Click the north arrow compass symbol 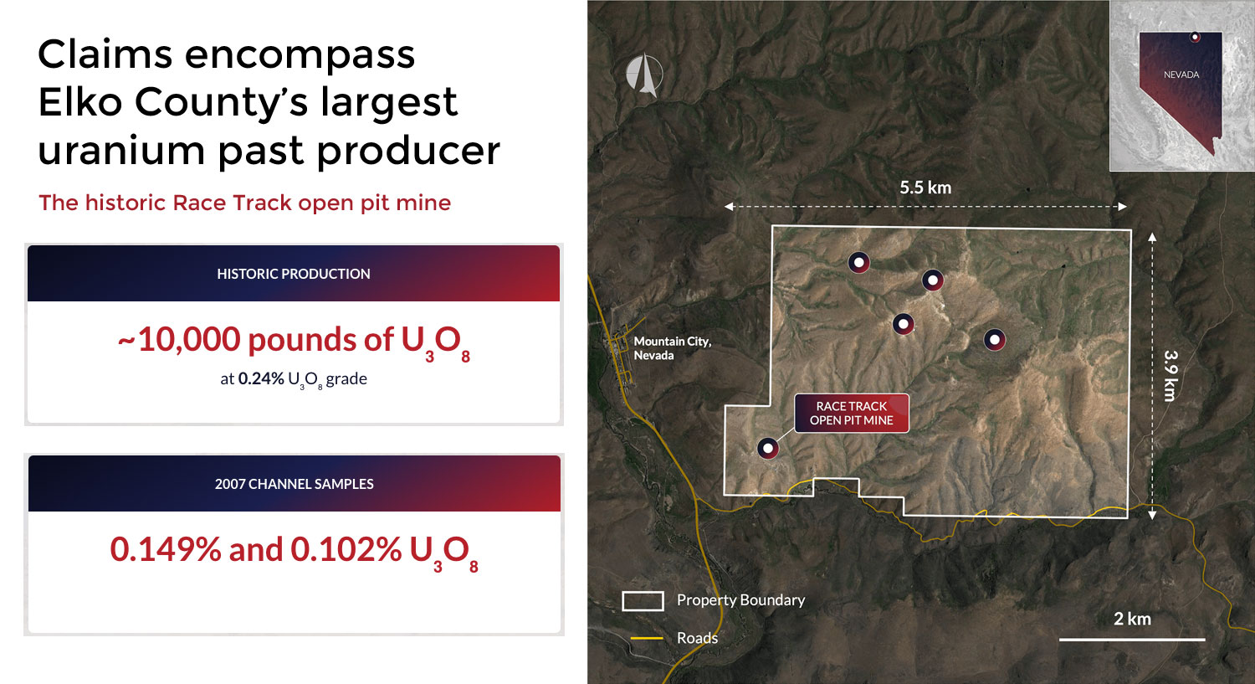(x=644, y=75)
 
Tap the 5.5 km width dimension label (x=925, y=188)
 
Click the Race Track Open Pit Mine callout (x=852, y=414)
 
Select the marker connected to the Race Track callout (x=767, y=449)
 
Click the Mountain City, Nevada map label (x=673, y=348)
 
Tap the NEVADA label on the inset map (x=1181, y=75)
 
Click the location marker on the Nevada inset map (x=1195, y=38)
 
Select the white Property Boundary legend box (x=643, y=601)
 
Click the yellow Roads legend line (x=647, y=638)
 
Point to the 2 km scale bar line (x=1132, y=639)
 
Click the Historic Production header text (x=294, y=274)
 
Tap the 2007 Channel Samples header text (x=295, y=484)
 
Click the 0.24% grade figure (x=261, y=378)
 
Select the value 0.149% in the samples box (x=166, y=549)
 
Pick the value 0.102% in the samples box (x=346, y=549)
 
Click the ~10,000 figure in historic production (x=179, y=340)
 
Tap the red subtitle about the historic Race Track (x=244, y=203)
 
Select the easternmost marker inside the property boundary (x=995, y=340)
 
